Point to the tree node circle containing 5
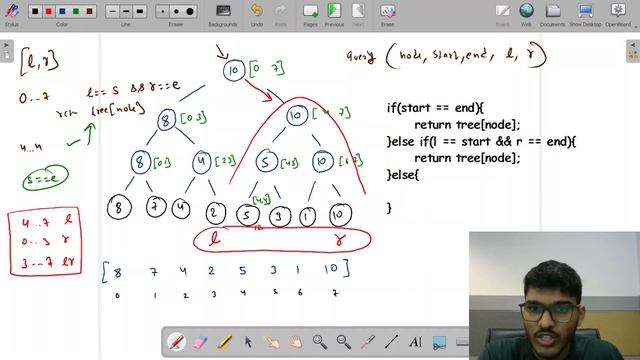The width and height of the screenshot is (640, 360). [265, 161]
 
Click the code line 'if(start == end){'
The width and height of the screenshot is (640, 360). [435, 107]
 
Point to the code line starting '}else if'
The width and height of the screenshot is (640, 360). [481, 141]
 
